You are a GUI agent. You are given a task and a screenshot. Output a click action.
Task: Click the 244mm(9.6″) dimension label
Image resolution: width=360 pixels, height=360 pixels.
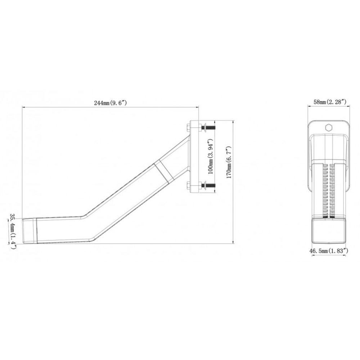(111, 103)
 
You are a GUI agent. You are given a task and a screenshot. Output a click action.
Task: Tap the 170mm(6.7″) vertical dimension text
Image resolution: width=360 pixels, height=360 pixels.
(229, 162)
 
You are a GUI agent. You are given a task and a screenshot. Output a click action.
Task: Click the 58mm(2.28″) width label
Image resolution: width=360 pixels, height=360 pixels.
(330, 102)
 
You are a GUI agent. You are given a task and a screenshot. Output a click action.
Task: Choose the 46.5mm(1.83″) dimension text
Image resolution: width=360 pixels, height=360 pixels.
(329, 251)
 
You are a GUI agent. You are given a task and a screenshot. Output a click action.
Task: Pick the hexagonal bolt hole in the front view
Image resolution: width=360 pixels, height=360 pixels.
(329, 127)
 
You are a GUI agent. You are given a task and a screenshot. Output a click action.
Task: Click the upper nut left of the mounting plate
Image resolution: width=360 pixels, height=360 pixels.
(188, 128)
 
